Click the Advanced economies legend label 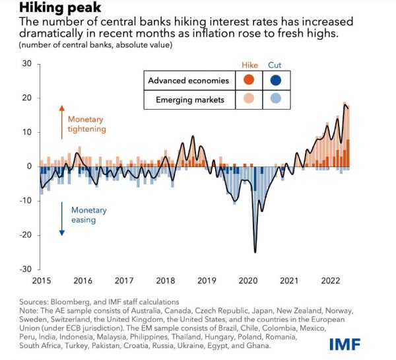click(188, 81)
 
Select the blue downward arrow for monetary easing click(61, 219)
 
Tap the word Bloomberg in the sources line click(77, 302)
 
